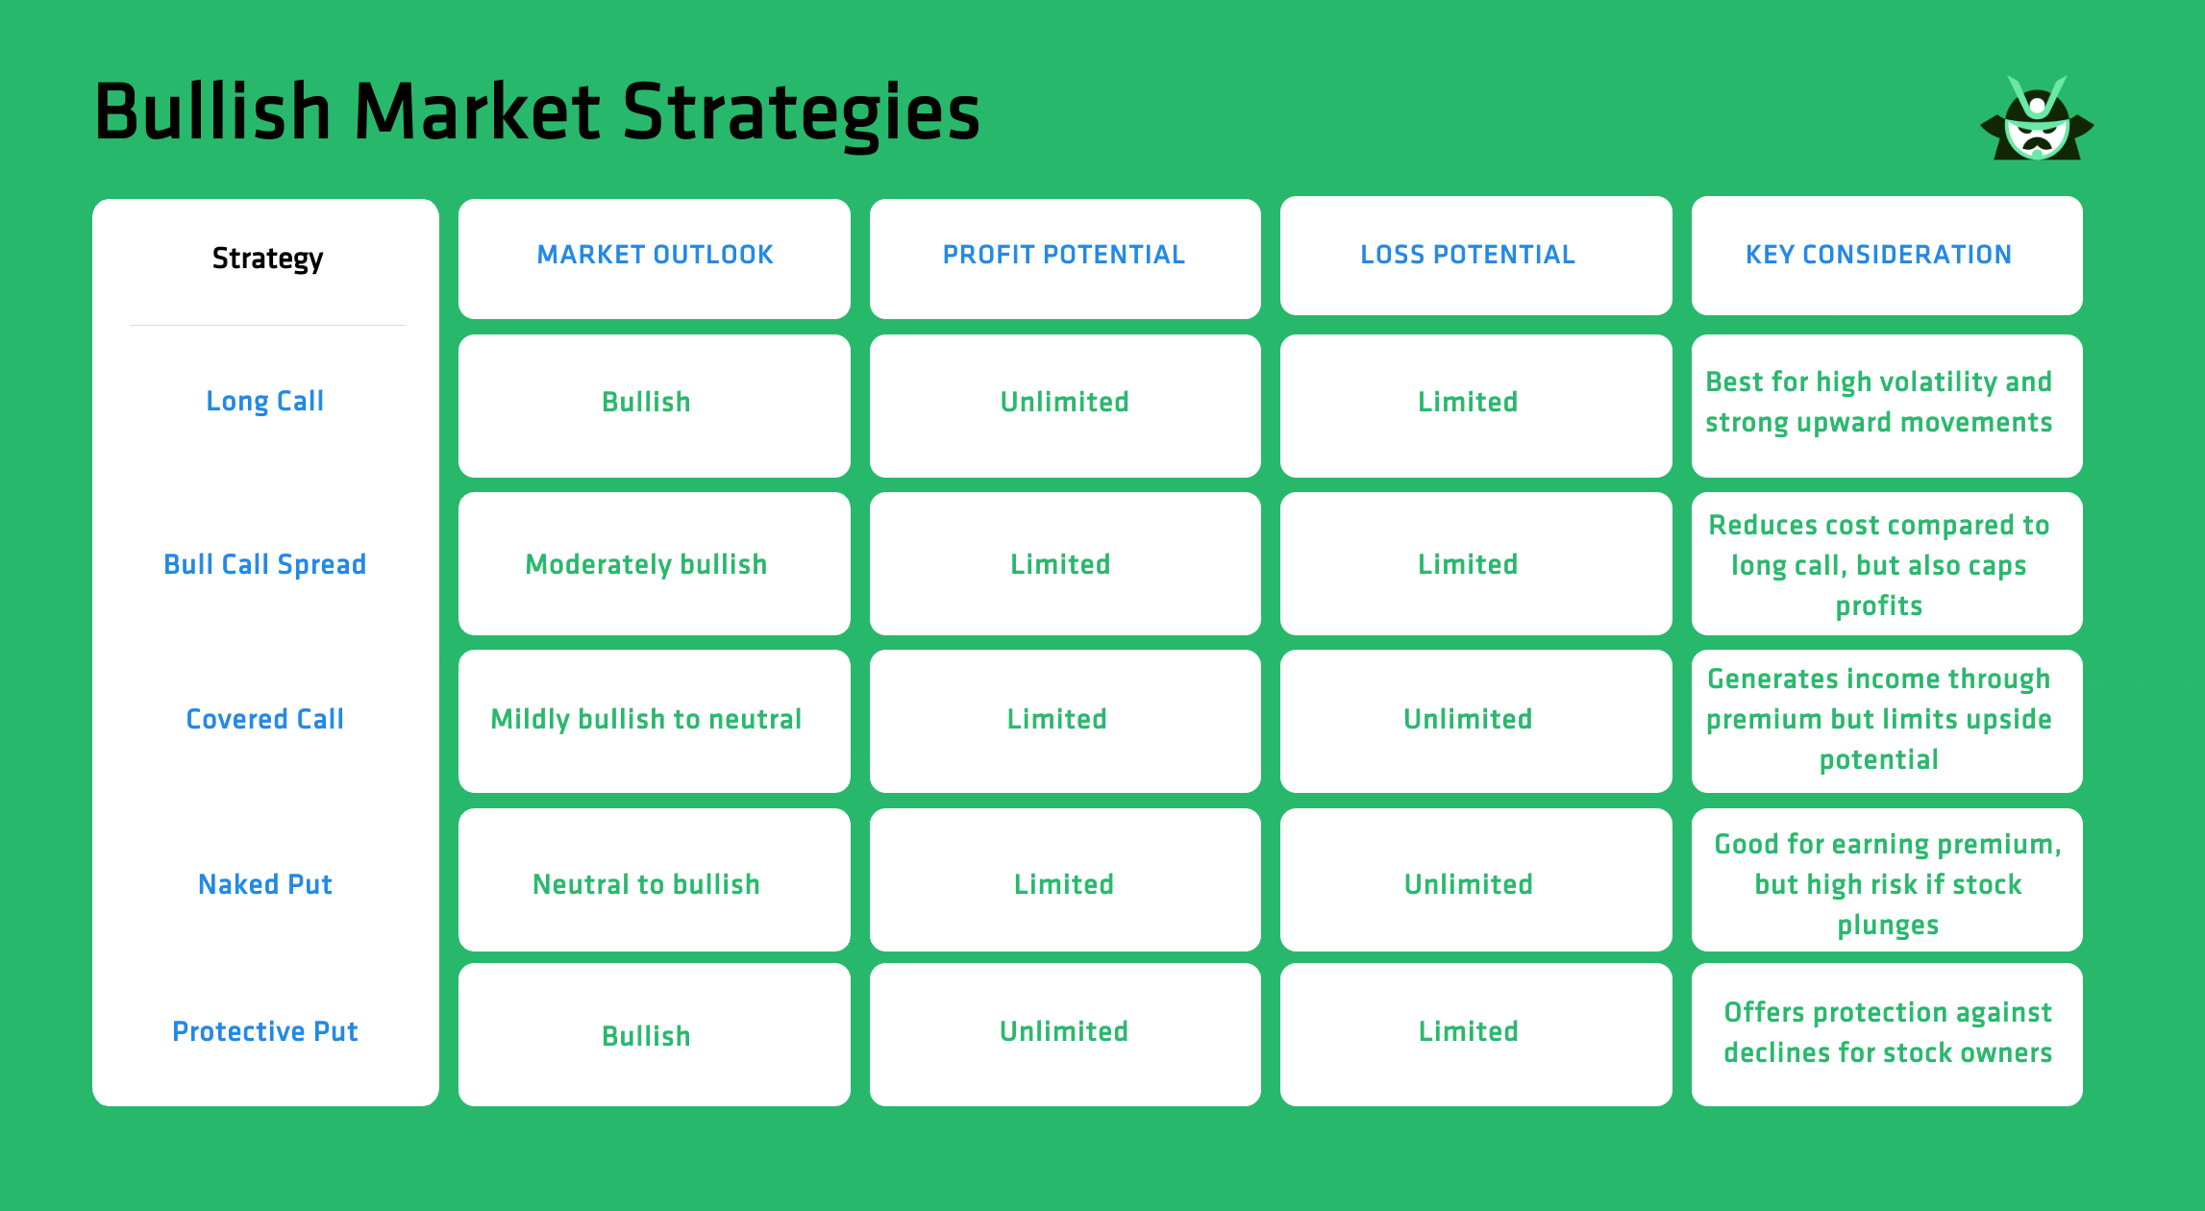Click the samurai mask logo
tap(2036, 121)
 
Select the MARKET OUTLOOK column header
tap(655, 256)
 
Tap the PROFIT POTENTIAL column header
tap(1064, 256)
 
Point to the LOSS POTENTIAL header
tap(1468, 256)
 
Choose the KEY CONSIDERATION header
tap(1878, 256)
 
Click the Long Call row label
tap(265, 402)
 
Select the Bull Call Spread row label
tap(265, 564)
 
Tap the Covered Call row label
tap(265, 719)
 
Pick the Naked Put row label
tap(265, 884)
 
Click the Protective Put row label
tap(265, 1031)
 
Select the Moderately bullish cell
tap(646, 564)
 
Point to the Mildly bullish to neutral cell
tap(646, 719)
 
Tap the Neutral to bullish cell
tap(646, 884)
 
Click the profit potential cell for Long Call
tap(1064, 402)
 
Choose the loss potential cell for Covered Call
tap(1468, 719)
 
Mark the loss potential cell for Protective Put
tap(1468, 1032)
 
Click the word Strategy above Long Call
tap(267, 259)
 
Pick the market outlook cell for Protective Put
tap(646, 1036)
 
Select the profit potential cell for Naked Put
tap(1064, 884)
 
